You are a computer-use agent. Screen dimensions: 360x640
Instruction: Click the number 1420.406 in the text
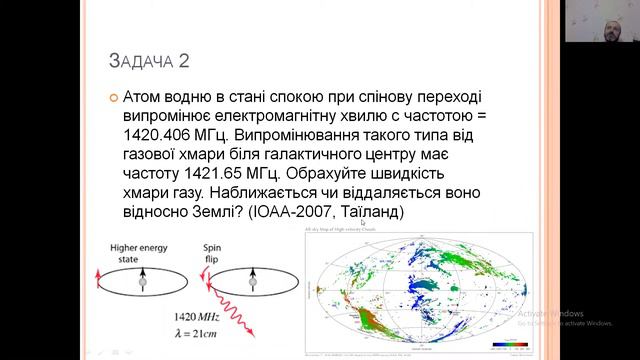pos(162,135)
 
